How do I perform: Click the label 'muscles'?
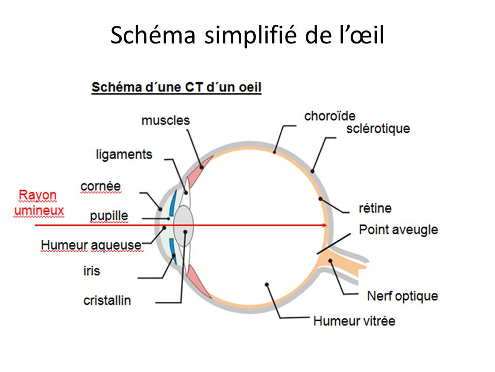pos(166,120)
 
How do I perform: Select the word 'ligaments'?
pos(124,154)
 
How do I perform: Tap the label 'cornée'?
pos(101,186)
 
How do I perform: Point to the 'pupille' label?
pos(109,216)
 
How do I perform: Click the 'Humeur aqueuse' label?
pos(91,245)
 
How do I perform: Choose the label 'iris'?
pos(92,271)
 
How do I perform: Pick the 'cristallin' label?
pos(107,301)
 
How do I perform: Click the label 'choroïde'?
pos(329,116)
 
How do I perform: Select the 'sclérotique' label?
pos(378,129)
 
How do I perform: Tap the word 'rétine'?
pos(375,208)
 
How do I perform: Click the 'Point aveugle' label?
pos(399,230)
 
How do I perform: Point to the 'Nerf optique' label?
pos(403,297)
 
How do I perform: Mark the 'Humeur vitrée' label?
pos(354,321)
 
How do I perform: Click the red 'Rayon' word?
pos(38,195)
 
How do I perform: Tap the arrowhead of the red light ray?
pos(325,225)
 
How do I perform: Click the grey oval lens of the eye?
pos(183,226)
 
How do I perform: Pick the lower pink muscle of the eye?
pos(199,281)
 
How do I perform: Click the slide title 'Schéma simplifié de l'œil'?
pos(247,35)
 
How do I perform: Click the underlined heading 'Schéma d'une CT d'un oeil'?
pos(176,87)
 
